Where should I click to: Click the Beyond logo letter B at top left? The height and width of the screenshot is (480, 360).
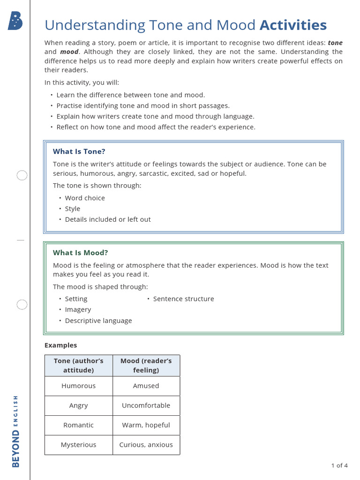pyautogui.click(x=15, y=22)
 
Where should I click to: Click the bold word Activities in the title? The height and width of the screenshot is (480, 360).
pyautogui.click(x=293, y=25)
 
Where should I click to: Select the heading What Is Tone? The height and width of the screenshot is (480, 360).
pyautogui.click(x=79, y=151)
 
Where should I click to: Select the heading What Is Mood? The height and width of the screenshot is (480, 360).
pyautogui.click(x=81, y=253)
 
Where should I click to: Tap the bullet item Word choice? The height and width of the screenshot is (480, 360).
pyautogui.click(x=85, y=198)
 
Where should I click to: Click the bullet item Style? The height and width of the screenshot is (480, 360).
pyautogui.click(x=73, y=209)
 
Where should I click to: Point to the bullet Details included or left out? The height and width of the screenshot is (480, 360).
pyautogui.click(x=108, y=219)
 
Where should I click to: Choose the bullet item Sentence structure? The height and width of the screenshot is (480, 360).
pyautogui.click(x=183, y=299)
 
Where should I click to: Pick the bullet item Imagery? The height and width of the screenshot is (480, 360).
pyautogui.click(x=78, y=309)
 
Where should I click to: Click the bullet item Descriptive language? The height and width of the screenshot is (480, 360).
pyautogui.click(x=98, y=321)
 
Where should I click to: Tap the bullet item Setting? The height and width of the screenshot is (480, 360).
pyautogui.click(x=76, y=299)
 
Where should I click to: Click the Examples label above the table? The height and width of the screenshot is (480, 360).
pyautogui.click(x=60, y=345)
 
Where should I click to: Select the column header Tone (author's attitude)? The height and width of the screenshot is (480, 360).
pyautogui.click(x=79, y=365)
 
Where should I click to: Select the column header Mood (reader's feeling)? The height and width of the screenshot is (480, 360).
pyautogui.click(x=146, y=365)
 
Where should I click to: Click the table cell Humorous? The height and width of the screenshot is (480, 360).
pyautogui.click(x=79, y=386)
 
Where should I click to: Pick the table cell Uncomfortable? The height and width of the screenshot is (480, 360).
pyautogui.click(x=146, y=405)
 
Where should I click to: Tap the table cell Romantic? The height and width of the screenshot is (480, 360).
pyautogui.click(x=79, y=425)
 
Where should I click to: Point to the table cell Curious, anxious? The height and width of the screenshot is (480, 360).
pyautogui.click(x=146, y=445)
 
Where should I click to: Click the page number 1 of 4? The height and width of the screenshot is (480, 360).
pyautogui.click(x=339, y=465)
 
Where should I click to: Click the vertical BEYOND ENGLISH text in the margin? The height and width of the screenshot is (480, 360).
pyautogui.click(x=16, y=431)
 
